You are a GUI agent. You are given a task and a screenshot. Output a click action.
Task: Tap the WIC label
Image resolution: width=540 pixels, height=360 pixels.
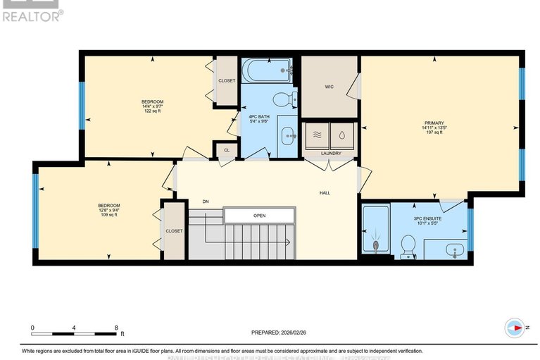pyautogui.click(x=328, y=87)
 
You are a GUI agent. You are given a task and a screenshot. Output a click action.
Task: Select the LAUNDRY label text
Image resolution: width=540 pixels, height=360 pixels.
pyautogui.click(x=331, y=153)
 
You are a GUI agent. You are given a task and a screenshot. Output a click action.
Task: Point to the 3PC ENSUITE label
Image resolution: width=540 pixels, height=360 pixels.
pyautogui.click(x=427, y=219)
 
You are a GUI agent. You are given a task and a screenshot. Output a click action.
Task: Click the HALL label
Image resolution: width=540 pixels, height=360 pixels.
pyautogui.click(x=325, y=192)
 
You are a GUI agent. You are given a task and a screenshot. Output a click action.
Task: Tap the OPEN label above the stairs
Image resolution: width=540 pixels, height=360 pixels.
pyautogui.click(x=259, y=216)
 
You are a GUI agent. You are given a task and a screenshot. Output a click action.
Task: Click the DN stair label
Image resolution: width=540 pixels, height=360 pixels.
pyautogui.click(x=206, y=202)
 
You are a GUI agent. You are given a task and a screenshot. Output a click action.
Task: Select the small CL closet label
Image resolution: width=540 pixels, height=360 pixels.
pyautogui.click(x=226, y=150)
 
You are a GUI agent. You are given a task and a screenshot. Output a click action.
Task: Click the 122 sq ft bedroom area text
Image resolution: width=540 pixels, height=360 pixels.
pyautogui.click(x=153, y=111)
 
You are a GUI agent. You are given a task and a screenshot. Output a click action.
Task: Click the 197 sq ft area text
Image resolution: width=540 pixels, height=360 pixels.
pyautogui.click(x=433, y=133)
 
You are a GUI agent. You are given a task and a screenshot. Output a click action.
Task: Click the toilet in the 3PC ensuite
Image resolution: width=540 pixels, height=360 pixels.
pyautogui.click(x=407, y=244)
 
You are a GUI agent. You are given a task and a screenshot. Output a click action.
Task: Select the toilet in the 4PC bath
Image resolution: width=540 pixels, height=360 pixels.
pyautogui.click(x=283, y=99)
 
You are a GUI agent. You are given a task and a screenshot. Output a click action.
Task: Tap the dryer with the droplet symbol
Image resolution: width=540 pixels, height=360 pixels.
pyautogui.click(x=343, y=134)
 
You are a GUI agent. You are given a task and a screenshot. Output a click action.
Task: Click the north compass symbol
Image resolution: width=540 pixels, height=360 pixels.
pyautogui.click(x=515, y=328)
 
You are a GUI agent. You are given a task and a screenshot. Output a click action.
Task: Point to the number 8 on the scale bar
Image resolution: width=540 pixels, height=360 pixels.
pyautogui.click(x=115, y=328)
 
